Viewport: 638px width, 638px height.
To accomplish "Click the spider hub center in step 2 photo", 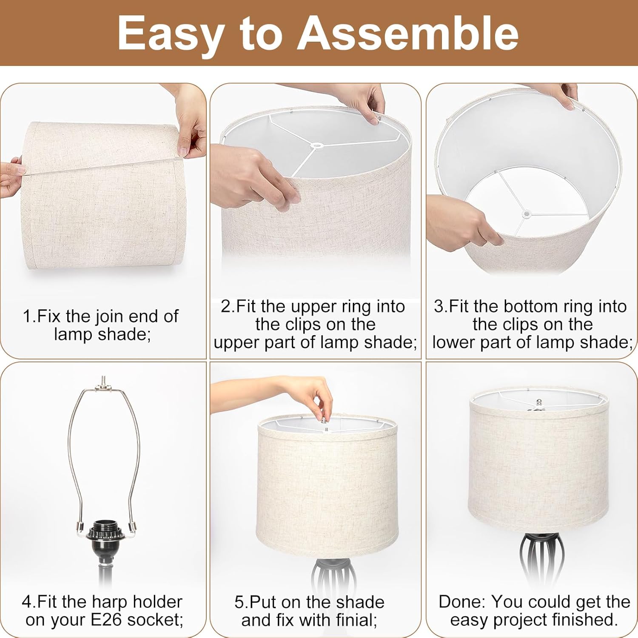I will pyautogui.click(x=316, y=146).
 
